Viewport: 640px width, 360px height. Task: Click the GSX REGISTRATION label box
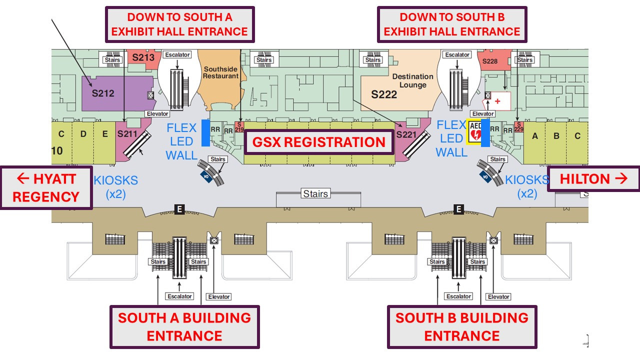[x=319, y=142]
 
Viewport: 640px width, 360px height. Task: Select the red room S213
[x=143, y=57]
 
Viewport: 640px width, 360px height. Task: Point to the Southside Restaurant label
[x=220, y=72]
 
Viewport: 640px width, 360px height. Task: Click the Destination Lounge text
[x=412, y=80]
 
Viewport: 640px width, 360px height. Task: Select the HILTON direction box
[x=593, y=179]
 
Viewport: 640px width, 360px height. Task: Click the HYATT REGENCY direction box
[x=46, y=187]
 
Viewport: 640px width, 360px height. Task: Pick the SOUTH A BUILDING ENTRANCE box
[x=184, y=326]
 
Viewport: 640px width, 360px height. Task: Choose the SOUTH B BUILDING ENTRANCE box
[x=461, y=326]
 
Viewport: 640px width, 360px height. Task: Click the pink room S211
[x=127, y=134]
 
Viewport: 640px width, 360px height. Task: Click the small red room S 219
[x=239, y=127]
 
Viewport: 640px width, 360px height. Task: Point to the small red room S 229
[x=518, y=127]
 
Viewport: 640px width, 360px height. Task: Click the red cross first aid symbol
[x=497, y=101]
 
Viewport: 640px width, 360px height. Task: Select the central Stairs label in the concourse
[x=315, y=193]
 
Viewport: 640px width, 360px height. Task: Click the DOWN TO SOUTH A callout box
[x=179, y=24]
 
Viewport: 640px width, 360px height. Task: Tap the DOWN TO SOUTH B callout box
[x=451, y=24]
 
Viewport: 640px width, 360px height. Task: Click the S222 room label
[x=384, y=94]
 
